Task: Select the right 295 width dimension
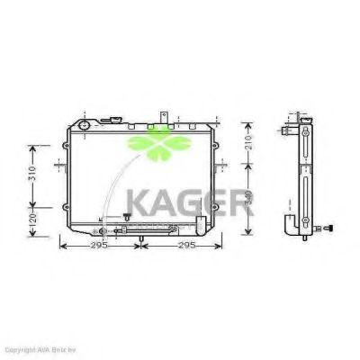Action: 185,244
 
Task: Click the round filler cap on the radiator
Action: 83,124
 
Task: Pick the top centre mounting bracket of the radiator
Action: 164,117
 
